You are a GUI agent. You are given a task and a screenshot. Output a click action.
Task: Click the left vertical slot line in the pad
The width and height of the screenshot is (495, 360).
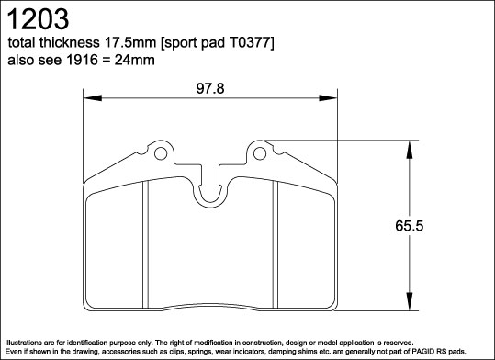pyautogui.click(x=145, y=243)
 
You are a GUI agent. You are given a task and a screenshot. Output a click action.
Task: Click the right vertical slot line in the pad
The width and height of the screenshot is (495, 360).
pyautogui.click(x=276, y=243)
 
